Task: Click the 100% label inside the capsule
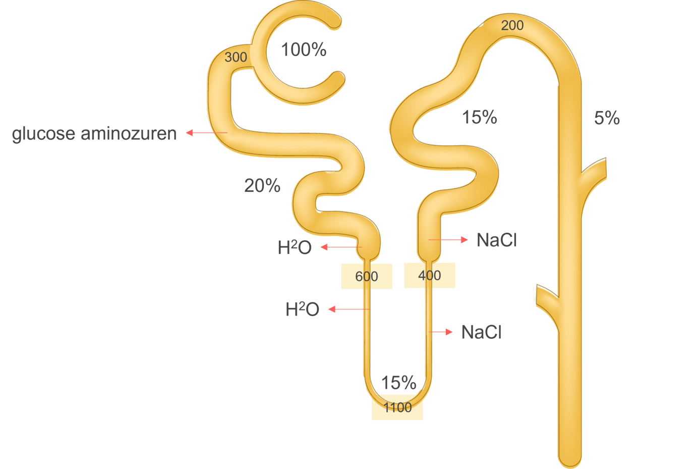[x=304, y=50]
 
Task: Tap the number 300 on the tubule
[x=236, y=57]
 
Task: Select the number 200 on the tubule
[x=512, y=25]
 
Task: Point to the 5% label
[x=607, y=118]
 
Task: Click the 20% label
[x=262, y=186]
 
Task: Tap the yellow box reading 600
[x=367, y=276]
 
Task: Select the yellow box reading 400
[x=430, y=276]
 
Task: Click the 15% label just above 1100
[x=398, y=383]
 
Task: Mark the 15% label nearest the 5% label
[x=480, y=118]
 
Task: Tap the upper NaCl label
[x=497, y=240]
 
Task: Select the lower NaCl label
[x=481, y=332]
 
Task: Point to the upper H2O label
[x=295, y=247]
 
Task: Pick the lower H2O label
[x=302, y=309]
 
